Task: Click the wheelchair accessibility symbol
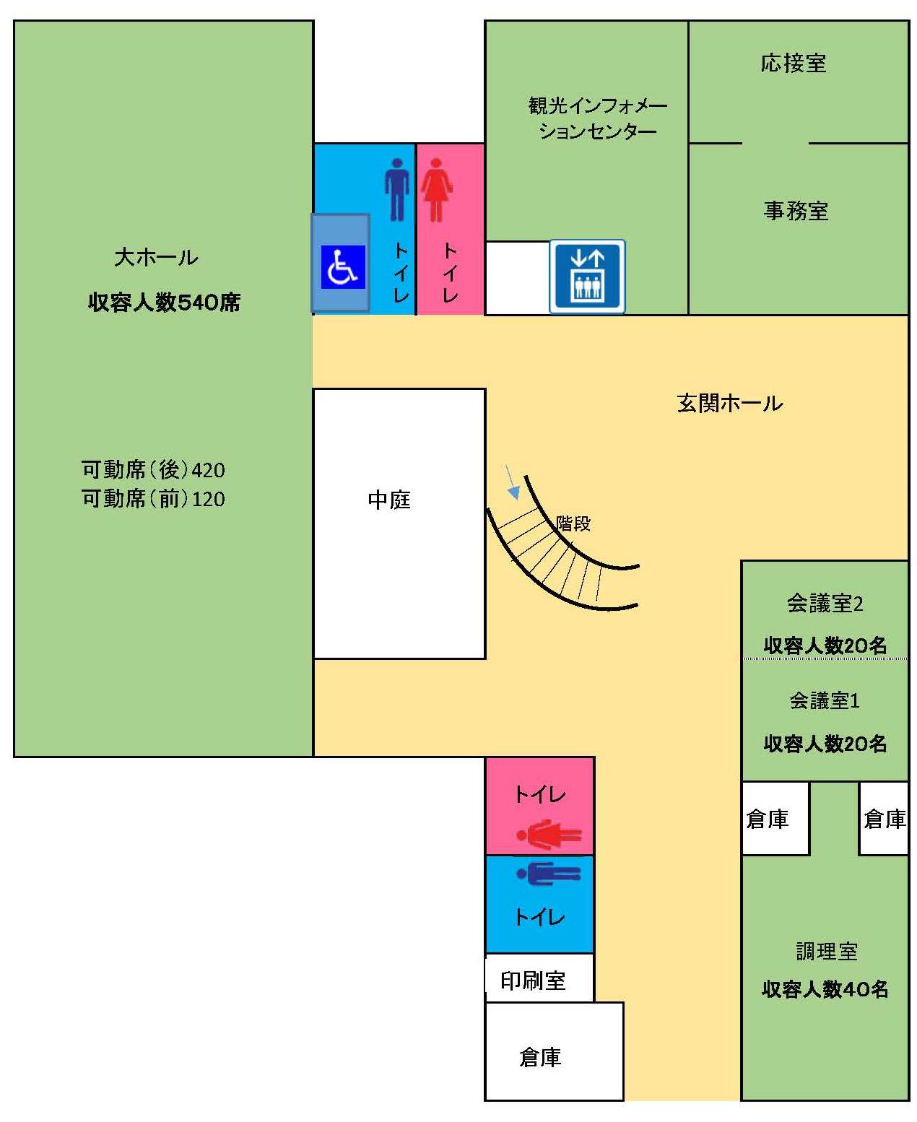click(342, 266)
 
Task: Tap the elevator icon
click(587, 276)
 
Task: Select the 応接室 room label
click(793, 63)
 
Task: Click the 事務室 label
click(796, 211)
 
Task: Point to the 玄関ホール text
click(729, 404)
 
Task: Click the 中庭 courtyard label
click(388, 500)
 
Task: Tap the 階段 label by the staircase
click(573, 523)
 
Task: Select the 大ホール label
click(156, 257)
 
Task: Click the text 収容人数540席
click(164, 303)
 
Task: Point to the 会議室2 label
click(824, 604)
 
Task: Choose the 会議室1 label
click(824, 700)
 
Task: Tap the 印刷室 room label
click(532, 980)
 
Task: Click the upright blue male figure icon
click(397, 189)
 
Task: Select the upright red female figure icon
click(436, 189)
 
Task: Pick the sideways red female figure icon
click(548, 835)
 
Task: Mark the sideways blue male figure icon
click(548, 874)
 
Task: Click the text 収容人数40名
click(825, 989)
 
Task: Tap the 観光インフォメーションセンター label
click(597, 118)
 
